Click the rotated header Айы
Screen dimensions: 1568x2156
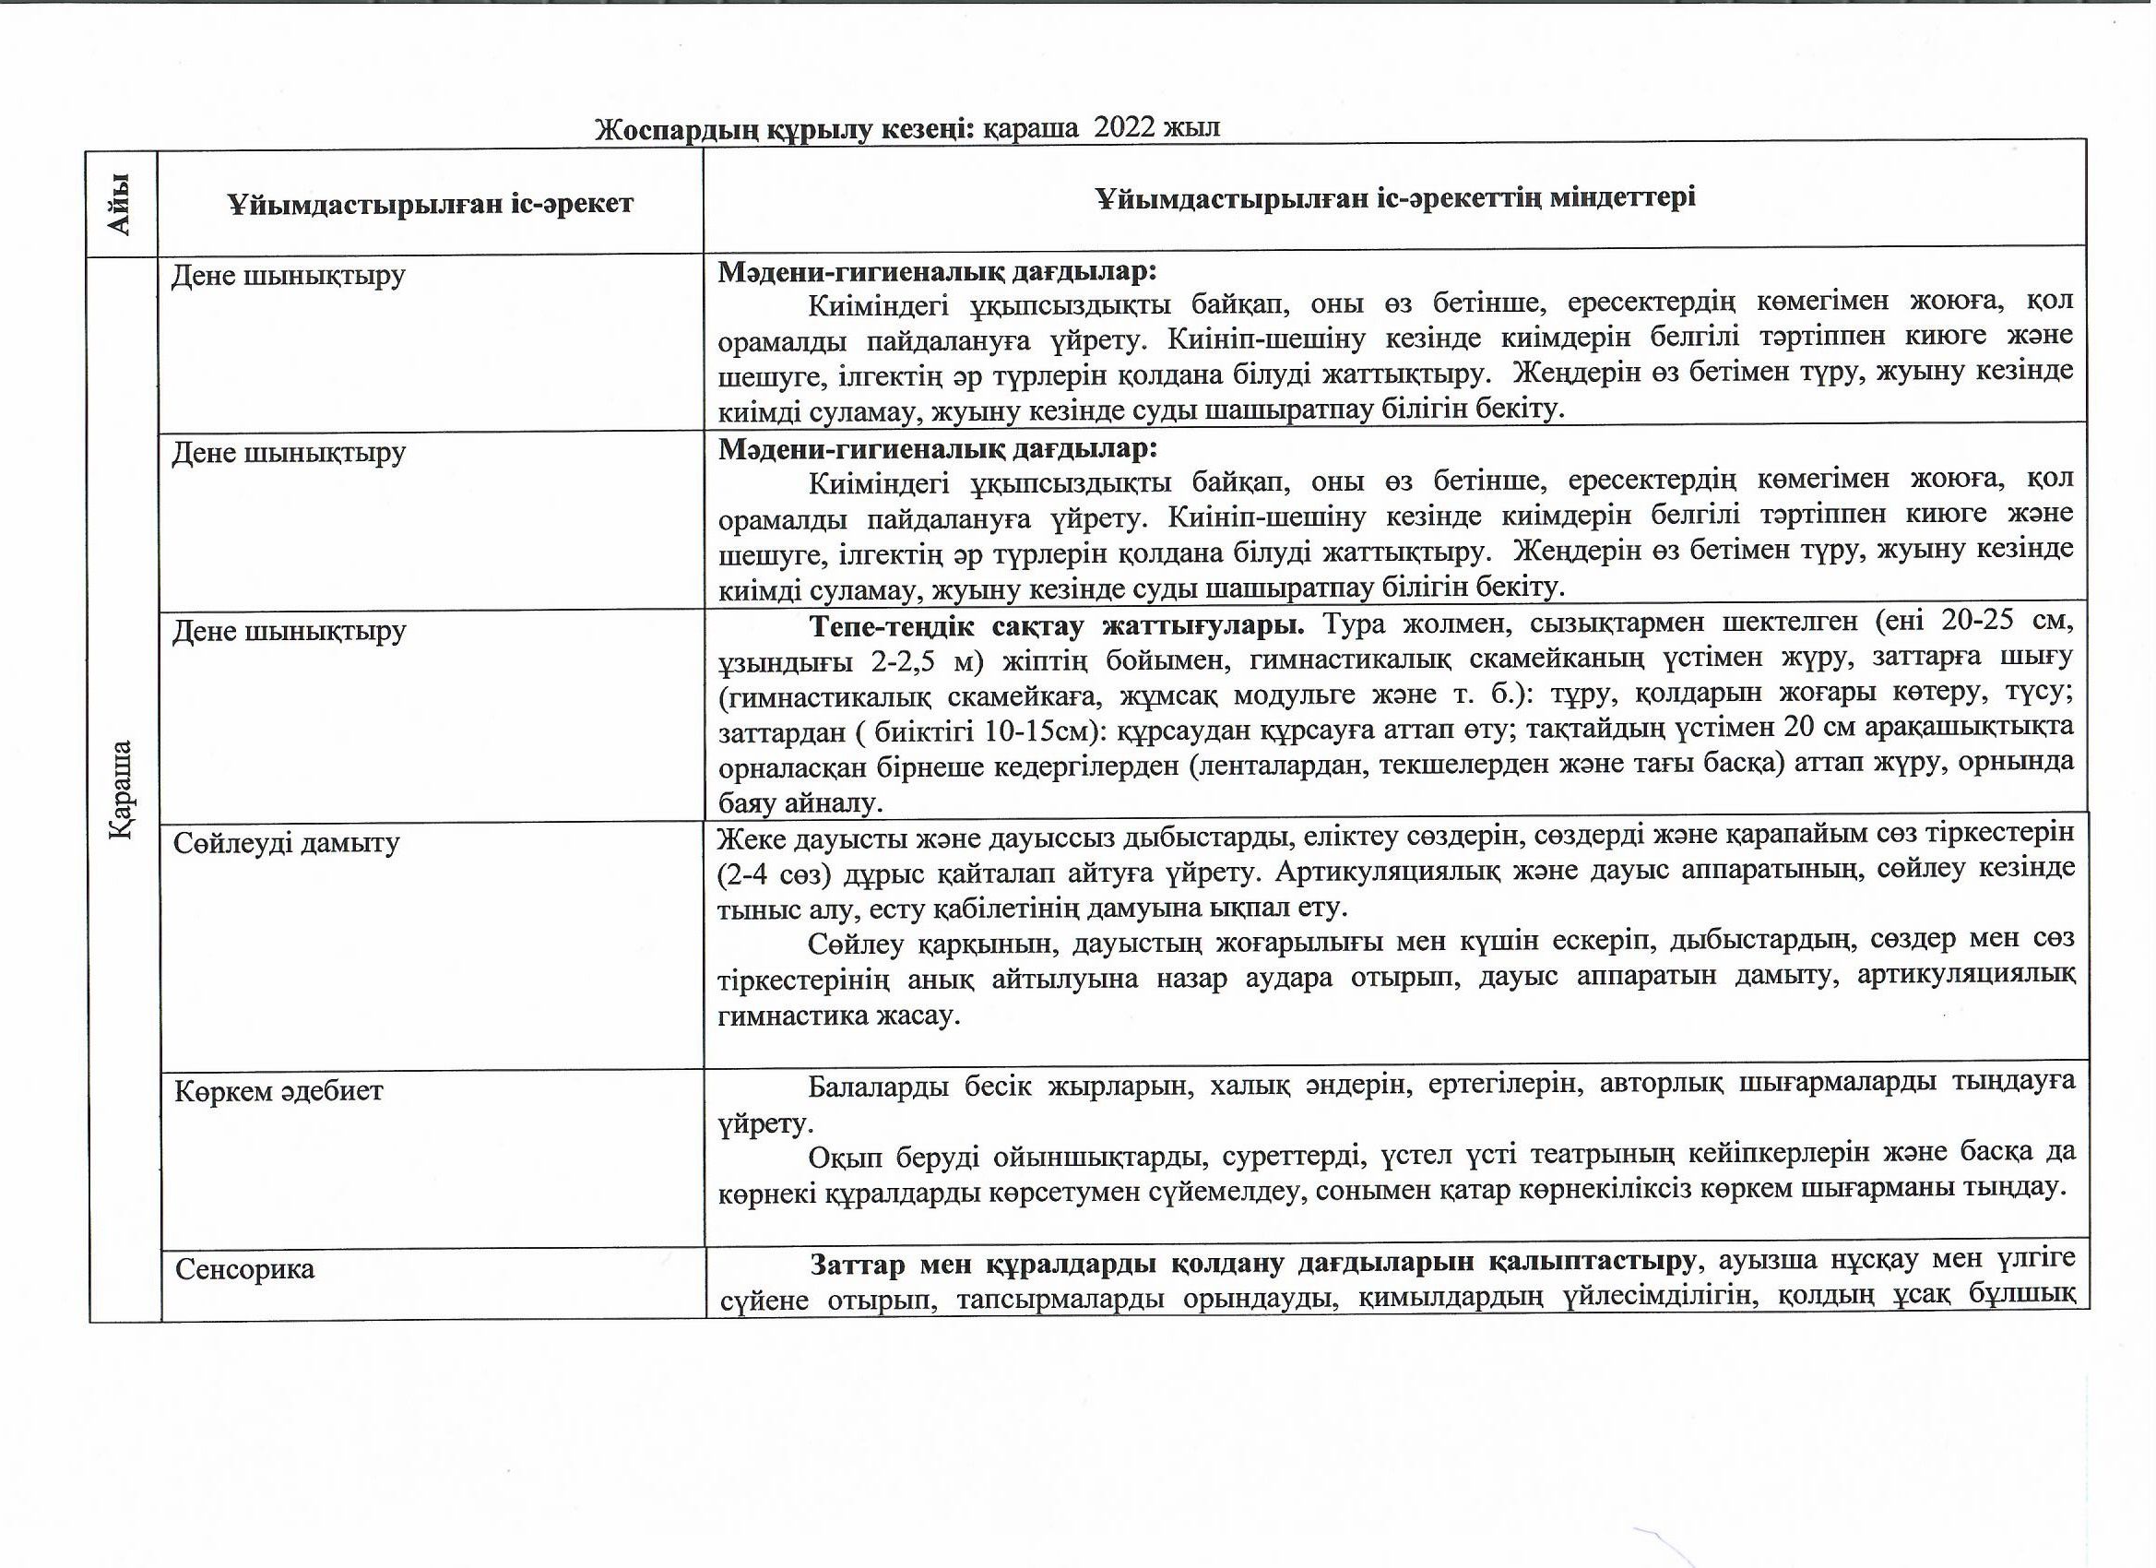click(x=121, y=203)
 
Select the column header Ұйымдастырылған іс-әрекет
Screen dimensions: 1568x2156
click(x=430, y=203)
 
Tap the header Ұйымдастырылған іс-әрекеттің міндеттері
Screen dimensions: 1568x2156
click(x=1394, y=197)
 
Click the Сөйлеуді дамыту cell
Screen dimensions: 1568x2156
click(x=286, y=843)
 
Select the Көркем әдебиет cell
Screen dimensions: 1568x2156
click(x=278, y=1090)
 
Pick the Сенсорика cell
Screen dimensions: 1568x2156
click(x=244, y=1269)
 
